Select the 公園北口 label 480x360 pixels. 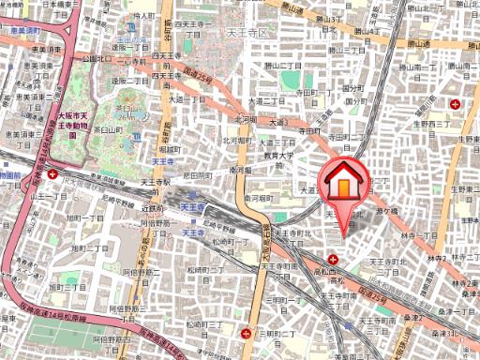click(96, 58)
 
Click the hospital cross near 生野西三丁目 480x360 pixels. click(455, 104)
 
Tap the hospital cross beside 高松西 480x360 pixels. click(333, 258)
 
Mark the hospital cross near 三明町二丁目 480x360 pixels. click(246, 332)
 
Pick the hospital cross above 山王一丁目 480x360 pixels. click(52, 174)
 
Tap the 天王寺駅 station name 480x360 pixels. click(192, 207)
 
